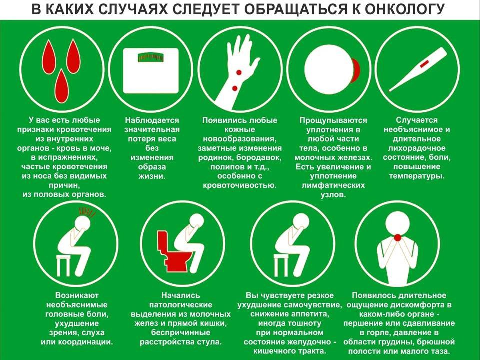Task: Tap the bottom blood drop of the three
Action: (62, 86)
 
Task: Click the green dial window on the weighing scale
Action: (151, 57)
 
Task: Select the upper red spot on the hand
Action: (239, 73)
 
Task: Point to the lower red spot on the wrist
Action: (235, 89)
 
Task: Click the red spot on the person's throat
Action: (398, 237)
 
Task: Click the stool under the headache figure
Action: (66, 265)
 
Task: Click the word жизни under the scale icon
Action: (152, 176)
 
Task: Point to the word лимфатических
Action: (333, 186)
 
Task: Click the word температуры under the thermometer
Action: (416, 176)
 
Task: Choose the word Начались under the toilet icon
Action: (180, 295)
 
